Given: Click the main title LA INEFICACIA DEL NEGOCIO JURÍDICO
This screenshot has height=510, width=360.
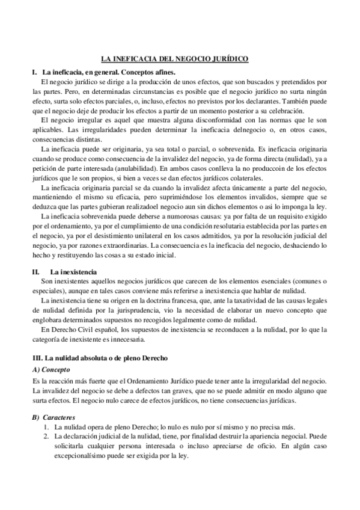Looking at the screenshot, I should point(180,59).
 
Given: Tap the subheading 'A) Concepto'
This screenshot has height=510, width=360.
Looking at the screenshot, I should point(51,367).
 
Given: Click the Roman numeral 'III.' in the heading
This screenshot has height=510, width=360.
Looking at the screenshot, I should point(37,358).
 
